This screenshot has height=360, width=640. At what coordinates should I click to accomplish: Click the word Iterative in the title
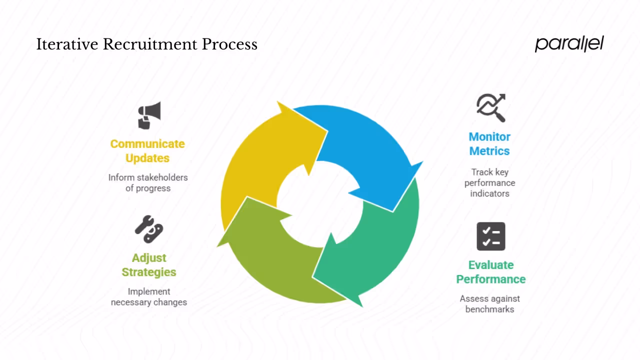pos(67,44)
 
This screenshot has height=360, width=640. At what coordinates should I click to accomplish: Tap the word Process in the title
pos(229,44)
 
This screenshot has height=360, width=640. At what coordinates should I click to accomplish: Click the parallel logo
pos(569,43)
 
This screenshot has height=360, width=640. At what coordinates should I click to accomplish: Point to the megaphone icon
pos(149,115)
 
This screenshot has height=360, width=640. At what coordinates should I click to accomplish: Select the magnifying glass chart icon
pos(490,107)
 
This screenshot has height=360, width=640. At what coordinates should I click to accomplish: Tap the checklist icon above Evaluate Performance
pos(490,236)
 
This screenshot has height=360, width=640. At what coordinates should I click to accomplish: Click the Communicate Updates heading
pos(147,151)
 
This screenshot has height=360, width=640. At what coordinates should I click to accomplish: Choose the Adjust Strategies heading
pos(149,265)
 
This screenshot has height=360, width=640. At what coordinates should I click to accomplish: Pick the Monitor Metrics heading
pos(489,144)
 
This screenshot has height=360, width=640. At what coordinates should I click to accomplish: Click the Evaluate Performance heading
pos(490,272)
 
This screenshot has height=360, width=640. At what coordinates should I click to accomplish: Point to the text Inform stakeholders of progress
pos(148,183)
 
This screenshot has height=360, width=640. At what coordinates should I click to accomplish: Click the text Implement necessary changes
pos(149,297)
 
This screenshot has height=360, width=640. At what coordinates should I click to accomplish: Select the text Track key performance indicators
pos(489,182)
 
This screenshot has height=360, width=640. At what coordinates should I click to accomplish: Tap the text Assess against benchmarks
pos(489,304)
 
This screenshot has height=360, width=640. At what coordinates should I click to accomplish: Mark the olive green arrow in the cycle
pos(270,260)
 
